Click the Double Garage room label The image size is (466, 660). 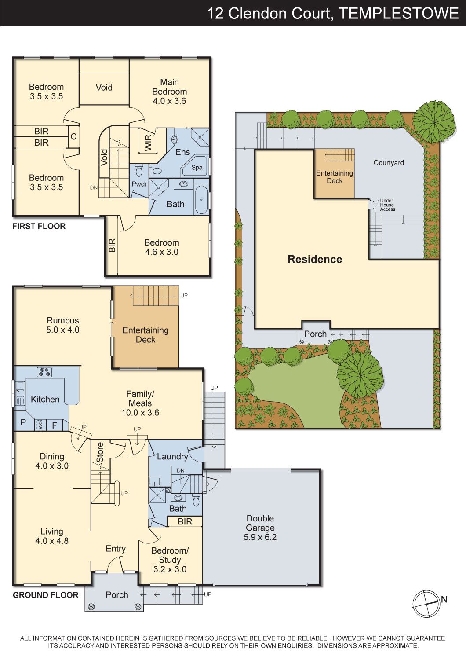point(260,523)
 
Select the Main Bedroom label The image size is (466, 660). point(170,87)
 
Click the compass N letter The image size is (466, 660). point(444,599)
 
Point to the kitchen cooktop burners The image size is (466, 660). point(44,372)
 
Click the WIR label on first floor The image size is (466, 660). point(148,143)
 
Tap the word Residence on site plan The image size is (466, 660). point(315,259)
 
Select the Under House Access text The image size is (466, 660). point(387,205)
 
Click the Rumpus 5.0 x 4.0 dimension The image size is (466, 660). point(63,330)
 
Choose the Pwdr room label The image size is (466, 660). point(139,184)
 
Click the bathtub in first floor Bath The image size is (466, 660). point(201,199)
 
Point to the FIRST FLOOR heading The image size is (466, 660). point(39,226)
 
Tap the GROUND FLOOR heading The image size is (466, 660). point(46,595)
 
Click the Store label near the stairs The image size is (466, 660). point(100,452)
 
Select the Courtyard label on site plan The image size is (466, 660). point(389,163)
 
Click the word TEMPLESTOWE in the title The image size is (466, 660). point(399,13)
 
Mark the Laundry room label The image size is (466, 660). point(172,456)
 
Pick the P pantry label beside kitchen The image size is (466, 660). point(23,422)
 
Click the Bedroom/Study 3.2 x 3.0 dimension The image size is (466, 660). point(170,569)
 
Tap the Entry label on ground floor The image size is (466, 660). point(116,549)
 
